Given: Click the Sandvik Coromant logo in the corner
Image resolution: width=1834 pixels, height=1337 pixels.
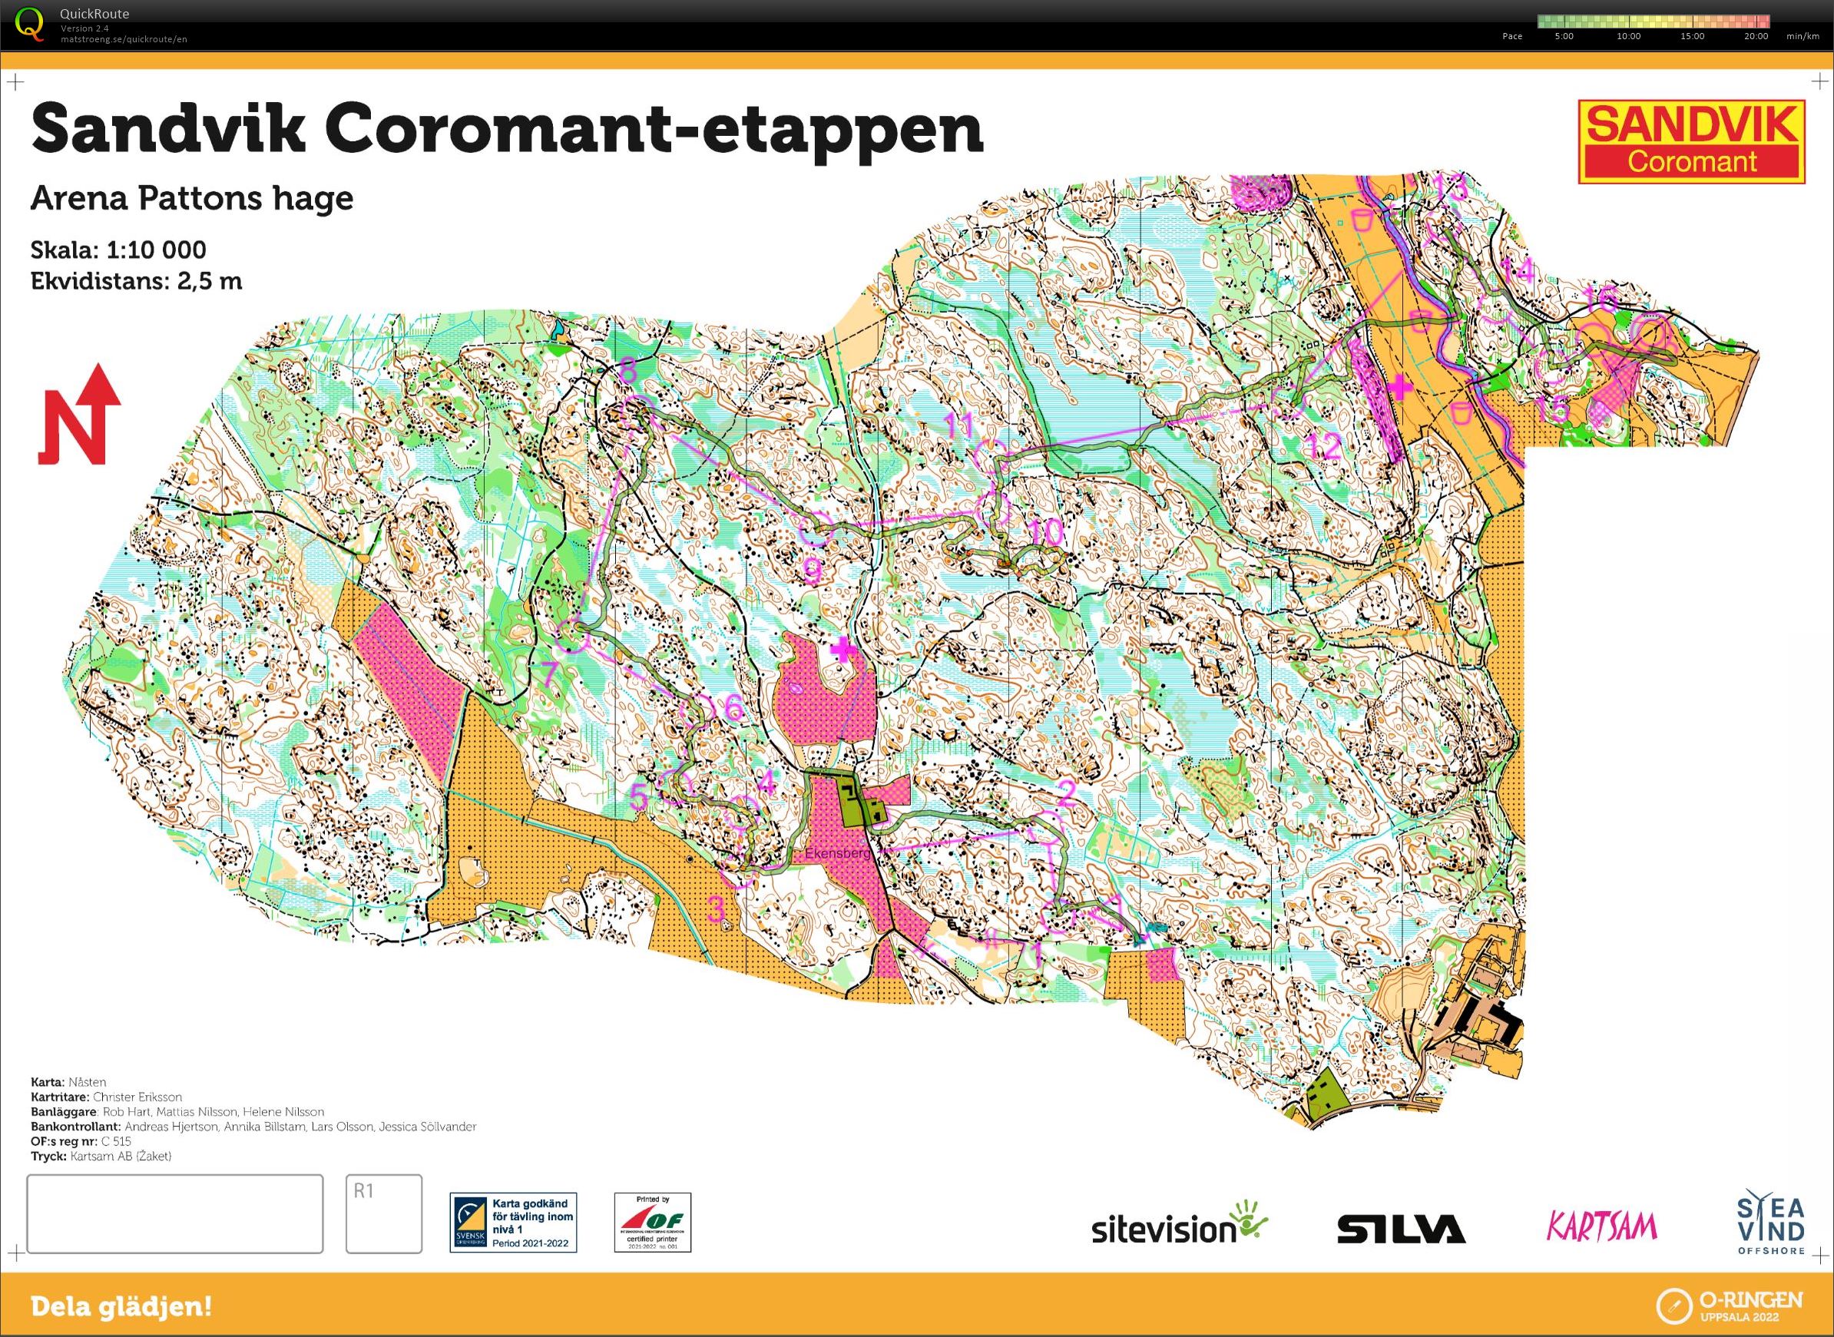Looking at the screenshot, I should [1692, 141].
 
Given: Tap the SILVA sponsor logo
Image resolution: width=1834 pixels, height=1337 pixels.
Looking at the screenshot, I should [1401, 1229].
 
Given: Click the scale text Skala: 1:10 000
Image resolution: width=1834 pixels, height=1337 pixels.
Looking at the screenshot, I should [118, 250].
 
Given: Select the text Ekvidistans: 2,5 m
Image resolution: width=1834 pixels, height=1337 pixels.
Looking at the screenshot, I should [136, 281].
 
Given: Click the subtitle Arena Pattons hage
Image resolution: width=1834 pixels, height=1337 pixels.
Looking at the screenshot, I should [192, 198].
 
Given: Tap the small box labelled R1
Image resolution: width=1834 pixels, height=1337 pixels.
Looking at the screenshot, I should [384, 1214].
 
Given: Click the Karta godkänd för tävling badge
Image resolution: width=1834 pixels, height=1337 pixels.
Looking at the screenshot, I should [513, 1222].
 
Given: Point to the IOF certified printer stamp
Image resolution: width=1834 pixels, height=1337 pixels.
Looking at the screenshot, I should [652, 1222].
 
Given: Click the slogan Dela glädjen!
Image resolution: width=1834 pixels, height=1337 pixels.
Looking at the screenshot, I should [121, 1306].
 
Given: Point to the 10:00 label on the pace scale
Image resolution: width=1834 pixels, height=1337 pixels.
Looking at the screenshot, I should [1628, 36].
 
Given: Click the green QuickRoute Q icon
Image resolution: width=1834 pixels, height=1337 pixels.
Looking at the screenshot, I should [29, 23].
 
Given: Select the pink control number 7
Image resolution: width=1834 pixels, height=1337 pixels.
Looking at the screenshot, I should [549, 672].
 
